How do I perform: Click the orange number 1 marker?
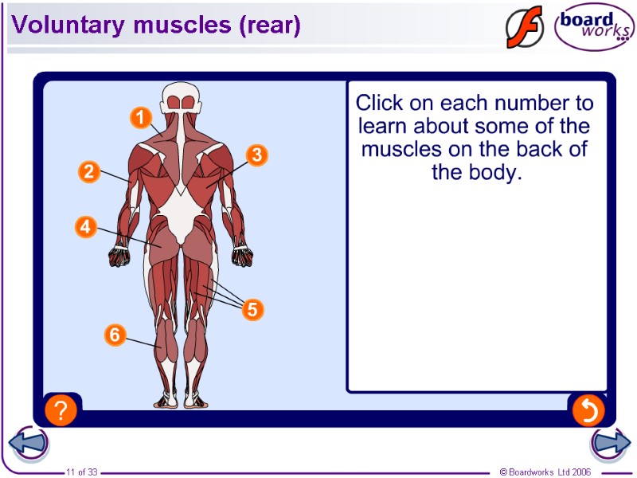(x=140, y=119)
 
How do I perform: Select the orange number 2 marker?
(x=88, y=170)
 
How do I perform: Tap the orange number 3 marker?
(x=256, y=155)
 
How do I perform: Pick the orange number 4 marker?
(x=86, y=227)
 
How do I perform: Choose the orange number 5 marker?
(x=252, y=309)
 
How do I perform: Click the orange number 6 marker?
(x=115, y=335)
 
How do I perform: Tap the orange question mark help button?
(x=61, y=410)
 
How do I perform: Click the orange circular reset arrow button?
(x=588, y=410)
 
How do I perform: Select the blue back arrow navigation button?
(x=29, y=443)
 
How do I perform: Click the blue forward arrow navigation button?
(x=610, y=443)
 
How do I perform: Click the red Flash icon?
(x=524, y=28)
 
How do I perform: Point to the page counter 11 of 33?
(x=81, y=472)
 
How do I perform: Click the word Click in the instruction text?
(x=380, y=103)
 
